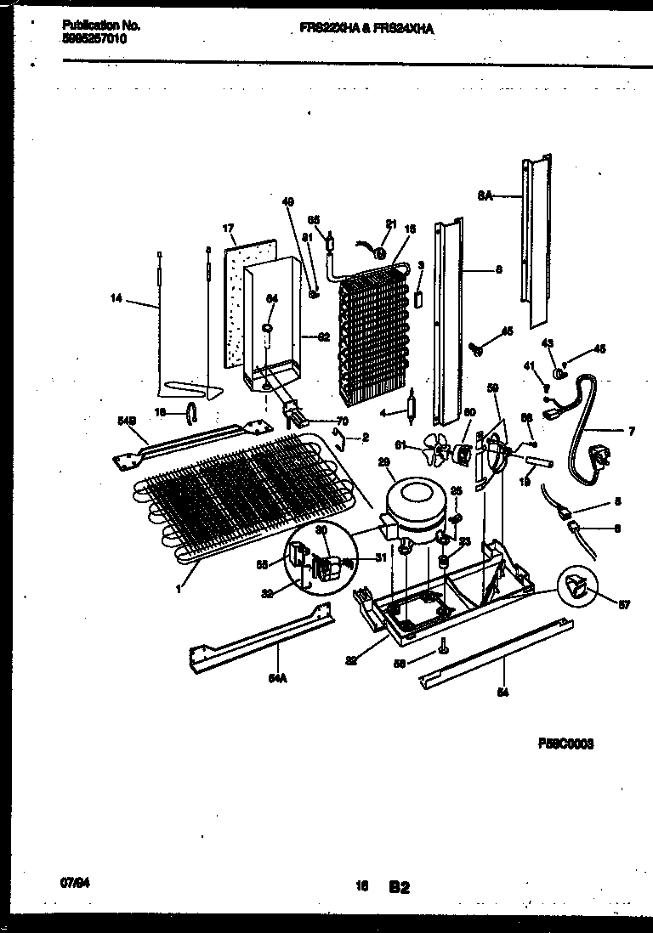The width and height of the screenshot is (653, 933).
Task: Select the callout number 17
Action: [x=229, y=229]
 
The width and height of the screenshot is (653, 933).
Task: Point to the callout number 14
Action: [x=116, y=297]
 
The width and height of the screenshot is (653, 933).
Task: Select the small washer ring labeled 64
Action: [x=267, y=328]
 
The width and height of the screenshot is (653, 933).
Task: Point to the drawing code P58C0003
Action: [x=565, y=744]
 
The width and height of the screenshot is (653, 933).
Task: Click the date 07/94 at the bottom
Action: [x=76, y=860]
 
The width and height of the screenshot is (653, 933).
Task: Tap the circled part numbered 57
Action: [x=576, y=586]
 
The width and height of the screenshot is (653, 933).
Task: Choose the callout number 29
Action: [x=383, y=461]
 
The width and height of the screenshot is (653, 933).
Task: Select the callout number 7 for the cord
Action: [x=631, y=431]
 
